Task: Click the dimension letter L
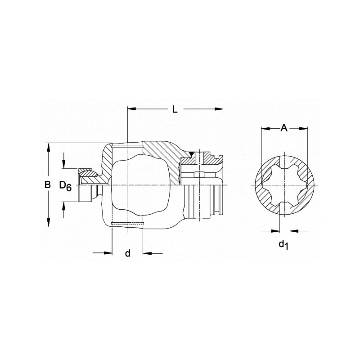[x=175, y=108]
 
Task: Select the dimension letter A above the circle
[x=284, y=128]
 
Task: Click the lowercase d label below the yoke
[x=127, y=253]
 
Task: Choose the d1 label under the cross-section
[x=283, y=244]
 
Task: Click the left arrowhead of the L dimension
[x=131, y=108]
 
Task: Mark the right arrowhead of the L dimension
[x=220, y=108]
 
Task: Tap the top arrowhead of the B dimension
[x=48, y=146]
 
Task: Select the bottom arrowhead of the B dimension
[x=48, y=224]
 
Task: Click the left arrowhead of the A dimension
[x=265, y=128]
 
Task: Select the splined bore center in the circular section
[x=284, y=185]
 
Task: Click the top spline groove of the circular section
[x=284, y=161]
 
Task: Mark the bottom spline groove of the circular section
[x=284, y=209]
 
